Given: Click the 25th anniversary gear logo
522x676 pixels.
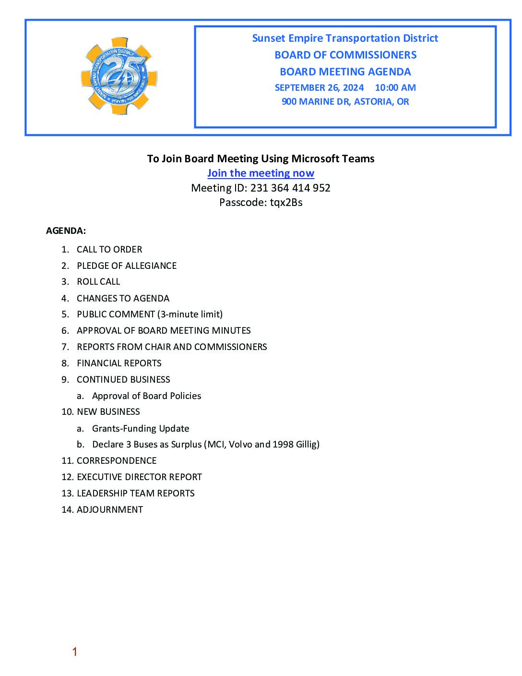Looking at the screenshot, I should click(119, 76).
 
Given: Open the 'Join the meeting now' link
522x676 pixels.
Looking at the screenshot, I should click(261, 173).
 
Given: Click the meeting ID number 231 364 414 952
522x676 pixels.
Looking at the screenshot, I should click(290, 188).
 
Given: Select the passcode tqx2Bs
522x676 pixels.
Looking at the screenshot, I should click(286, 203).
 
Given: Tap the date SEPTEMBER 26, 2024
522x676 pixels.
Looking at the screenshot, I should click(319, 88).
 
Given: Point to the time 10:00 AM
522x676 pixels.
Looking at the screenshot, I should click(395, 88).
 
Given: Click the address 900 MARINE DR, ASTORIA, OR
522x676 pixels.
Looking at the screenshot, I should click(345, 102).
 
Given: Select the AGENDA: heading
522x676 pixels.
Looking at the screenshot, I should click(66, 231).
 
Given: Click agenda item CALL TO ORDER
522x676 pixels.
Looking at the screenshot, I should click(109, 250).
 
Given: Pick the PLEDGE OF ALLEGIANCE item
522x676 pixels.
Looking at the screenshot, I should click(127, 266).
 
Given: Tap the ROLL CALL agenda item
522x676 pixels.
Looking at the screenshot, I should click(98, 282).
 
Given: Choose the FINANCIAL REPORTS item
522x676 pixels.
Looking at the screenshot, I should click(119, 363).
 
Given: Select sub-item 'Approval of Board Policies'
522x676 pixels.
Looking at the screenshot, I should click(146, 396).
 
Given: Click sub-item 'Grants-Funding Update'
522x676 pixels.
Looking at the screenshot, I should click(141, 429).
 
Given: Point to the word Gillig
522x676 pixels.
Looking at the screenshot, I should click(308, 445).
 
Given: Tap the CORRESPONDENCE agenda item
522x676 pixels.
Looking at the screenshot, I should click(117, 461).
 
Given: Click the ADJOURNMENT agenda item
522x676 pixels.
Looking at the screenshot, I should click(110, 510).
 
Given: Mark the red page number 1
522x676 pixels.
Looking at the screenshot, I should click(75, 652).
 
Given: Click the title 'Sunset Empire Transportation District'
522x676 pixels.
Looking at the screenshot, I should click(345, 38).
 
